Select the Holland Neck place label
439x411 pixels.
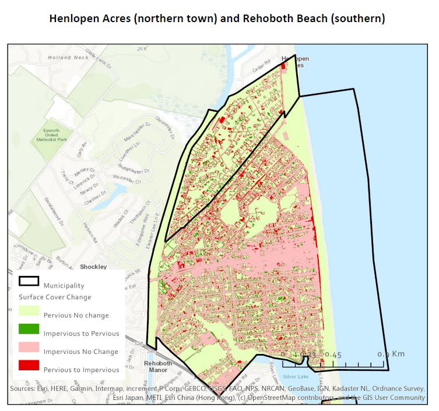[69, 57]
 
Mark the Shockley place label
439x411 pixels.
[94, 267]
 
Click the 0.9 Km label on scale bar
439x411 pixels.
[391, 354]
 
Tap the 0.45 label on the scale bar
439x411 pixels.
[333, 354]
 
